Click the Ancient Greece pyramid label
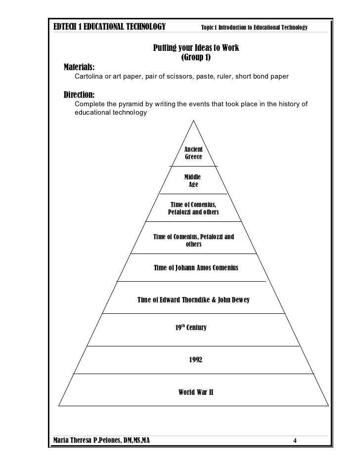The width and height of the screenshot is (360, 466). pyautogui.click(x=193, y=153)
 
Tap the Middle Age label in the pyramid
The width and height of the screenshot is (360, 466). pyautogui.click(x=193, y=181)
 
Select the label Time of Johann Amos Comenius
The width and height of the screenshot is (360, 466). pyautogui.click(x=196, y=268)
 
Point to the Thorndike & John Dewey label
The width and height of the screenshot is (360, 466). pyautogui.click(x=196, y=300)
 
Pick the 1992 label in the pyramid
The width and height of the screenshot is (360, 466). pyautogui.click(x=195, y=360)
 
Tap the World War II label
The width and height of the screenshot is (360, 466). pyautogui.click(x=195, y=393)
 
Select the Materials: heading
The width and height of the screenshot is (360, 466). pyautogui.click(x=81, y=68)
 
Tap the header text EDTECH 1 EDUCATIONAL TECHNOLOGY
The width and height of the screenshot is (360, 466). pyautogui.click(x=109, y=27)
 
